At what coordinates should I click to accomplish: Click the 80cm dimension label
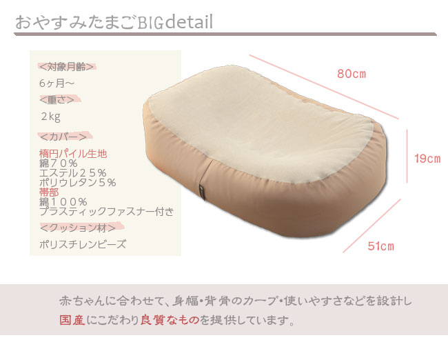click(351, 73)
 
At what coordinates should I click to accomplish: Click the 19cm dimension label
click(427, 159)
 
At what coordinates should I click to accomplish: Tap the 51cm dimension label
click(380, 246)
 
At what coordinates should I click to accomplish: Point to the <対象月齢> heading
click(66, 67)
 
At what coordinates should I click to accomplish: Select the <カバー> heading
click(63, 136)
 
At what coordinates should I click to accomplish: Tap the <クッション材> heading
click(71, 227)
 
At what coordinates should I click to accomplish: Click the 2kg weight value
click(50, 116)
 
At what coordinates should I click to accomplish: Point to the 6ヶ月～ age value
click(57, 83)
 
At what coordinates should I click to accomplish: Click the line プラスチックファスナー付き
click(107, 211)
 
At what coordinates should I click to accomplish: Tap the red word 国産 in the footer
click(72, 321)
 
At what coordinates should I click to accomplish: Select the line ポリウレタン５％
click(77, 183)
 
